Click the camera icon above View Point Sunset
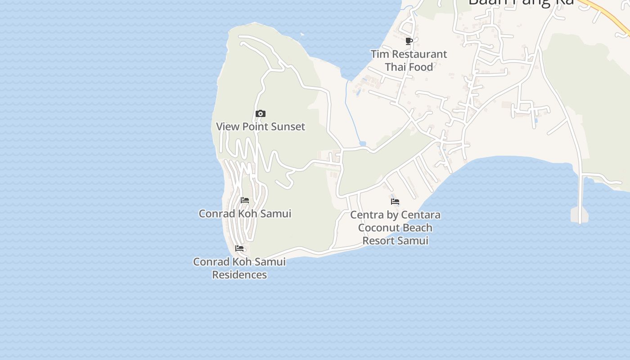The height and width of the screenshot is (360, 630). tap(260, 114)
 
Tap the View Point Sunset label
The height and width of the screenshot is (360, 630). tap(261, 126)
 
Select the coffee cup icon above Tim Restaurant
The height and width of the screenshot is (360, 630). tap(409, 41)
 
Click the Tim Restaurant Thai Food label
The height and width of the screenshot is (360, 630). tap(409, 60)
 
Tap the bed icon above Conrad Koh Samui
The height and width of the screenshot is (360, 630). tap(245, 200)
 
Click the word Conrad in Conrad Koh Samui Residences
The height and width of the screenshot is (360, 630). tap(210, 262)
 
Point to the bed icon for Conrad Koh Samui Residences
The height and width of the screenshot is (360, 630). tap(239, 248)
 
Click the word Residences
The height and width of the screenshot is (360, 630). tap(239, 274)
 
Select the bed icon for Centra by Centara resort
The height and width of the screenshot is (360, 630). tap(395, 202)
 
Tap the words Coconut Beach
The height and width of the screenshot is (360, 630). tap(395, 228)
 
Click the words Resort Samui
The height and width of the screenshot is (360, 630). tap(395, 241)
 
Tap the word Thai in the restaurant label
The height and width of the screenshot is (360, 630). tap(396, 67)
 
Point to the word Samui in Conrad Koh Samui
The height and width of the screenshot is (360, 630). tap(276, 214)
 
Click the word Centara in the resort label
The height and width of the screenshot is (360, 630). tap(422, 215)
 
